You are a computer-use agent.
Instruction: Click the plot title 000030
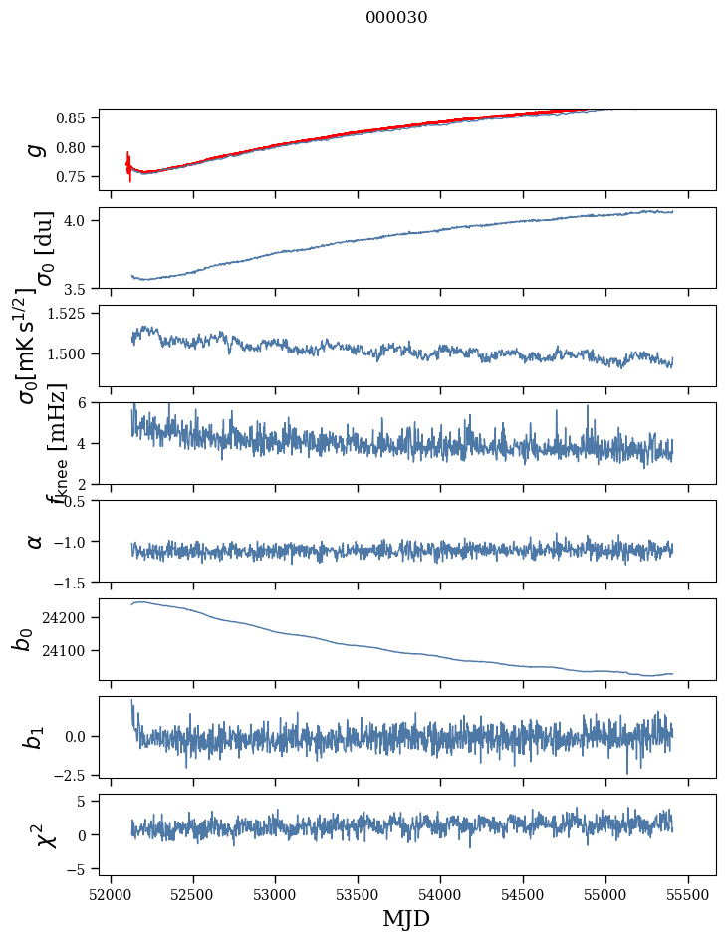pyautogui.click(x=396, y=18)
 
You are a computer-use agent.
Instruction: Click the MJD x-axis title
pyautogui.click(x=406, y=918)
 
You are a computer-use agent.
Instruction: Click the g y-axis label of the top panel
pyautogui.click(x=36, y=148)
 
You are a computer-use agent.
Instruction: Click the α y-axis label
pyautogui.click(x=36, y=541)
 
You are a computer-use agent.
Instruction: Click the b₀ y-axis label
pyautogui.click(x=22, y=638)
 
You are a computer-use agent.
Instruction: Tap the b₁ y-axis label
pyautogui.click(x=35, y=736)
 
